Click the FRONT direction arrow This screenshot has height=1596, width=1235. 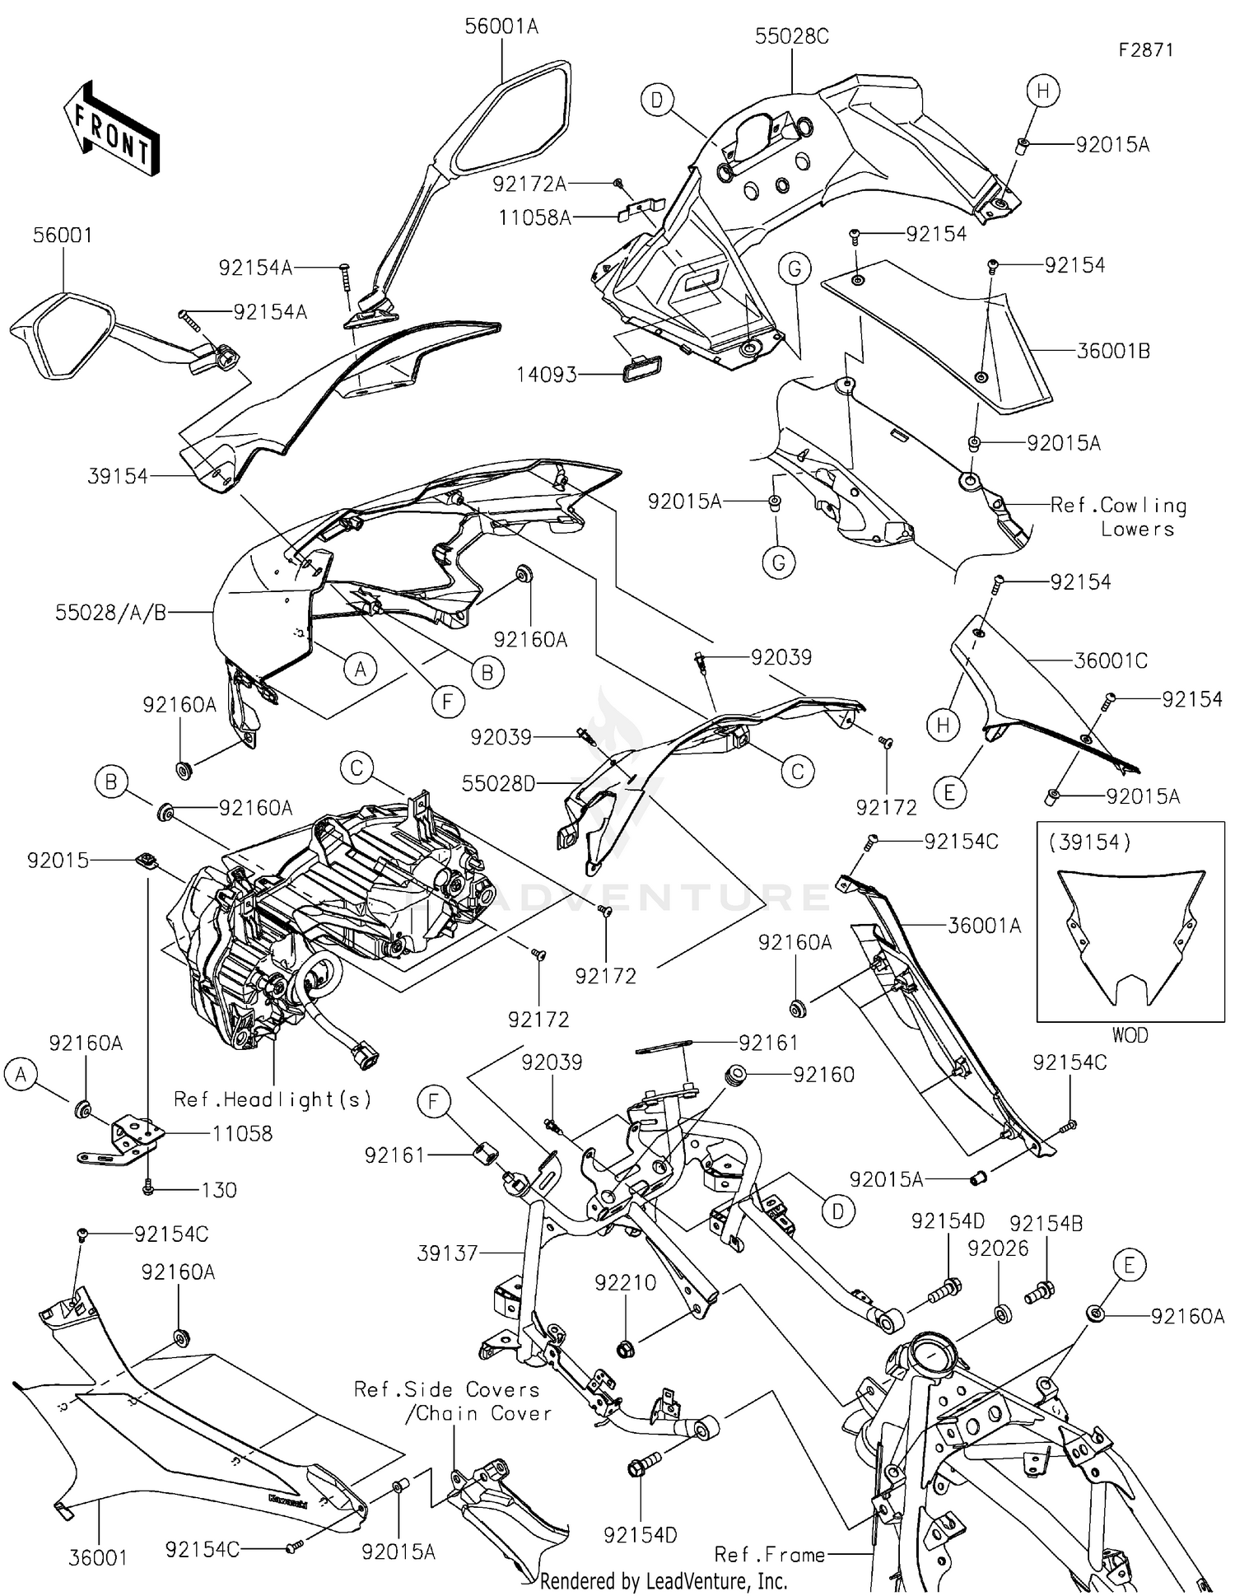pos(111,128)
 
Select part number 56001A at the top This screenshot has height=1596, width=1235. pos(501,26)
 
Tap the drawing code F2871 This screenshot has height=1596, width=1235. pos(1145,49)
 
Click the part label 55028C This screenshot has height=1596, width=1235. pos(791,36)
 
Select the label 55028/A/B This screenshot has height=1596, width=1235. pos(111,613)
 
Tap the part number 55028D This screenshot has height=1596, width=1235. pos(498,783)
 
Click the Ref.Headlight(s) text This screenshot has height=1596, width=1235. pos(273,1099)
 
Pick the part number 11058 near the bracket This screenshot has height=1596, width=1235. pos(242,1133)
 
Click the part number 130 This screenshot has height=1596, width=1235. pos(219,1190)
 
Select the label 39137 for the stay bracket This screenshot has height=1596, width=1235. pos(448,1253)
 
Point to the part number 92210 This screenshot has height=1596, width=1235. pos(626,1282)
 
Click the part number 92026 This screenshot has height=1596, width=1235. pos(998,1248)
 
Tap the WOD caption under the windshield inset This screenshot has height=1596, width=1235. pos(1130,1035)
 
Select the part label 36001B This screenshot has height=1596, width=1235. pos(1113,351)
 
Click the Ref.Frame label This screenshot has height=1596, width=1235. pos(769,1554)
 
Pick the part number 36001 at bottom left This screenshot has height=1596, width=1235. pos(98,1557)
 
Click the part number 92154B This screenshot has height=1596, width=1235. pos(1046,1223)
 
